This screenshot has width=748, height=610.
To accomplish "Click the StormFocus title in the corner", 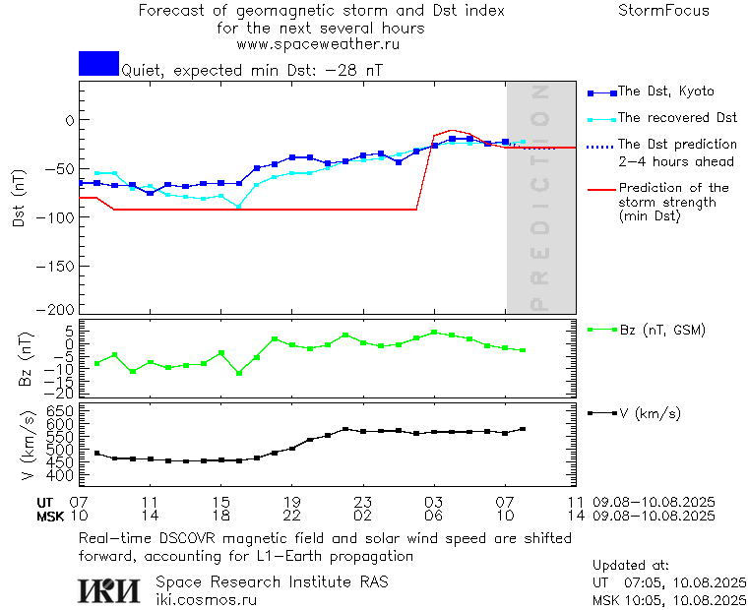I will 663,11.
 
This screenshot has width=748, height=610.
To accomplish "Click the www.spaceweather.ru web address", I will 317,44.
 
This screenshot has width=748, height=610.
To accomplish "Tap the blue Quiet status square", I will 98,64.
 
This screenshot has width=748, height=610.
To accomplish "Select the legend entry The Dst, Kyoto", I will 665,91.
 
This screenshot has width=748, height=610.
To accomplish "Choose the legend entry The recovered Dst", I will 677,118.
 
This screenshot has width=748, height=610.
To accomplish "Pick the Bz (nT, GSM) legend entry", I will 661,330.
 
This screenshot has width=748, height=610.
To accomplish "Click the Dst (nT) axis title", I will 19,197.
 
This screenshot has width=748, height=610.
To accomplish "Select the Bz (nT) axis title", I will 27,359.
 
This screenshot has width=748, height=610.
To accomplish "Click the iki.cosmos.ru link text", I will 206,599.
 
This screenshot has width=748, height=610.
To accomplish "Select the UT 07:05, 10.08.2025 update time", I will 669,581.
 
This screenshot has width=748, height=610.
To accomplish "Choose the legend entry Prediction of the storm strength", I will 673,202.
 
